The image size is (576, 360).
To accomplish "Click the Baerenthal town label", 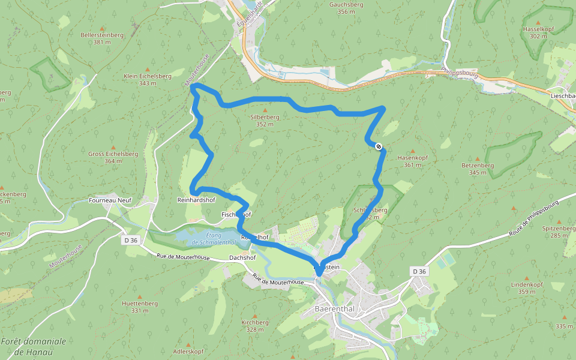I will (x=335, y=309).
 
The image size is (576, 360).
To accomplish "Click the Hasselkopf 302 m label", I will (x=538, y=32).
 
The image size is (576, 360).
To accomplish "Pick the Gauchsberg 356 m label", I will (x=346, y=8).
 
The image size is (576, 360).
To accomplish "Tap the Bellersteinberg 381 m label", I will (x=102, y=38).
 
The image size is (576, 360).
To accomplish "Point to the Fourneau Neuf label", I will (x=109, y=200).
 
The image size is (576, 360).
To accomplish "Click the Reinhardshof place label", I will (x=196, y=200).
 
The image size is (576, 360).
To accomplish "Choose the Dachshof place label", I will (x=243, y=258).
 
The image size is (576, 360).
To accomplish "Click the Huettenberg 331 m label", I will (x=140, y=307).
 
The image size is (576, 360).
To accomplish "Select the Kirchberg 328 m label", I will (x=255, y=326).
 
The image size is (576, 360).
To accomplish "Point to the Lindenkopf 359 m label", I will (x=527, y=288).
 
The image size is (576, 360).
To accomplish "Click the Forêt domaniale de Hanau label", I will (x=34, y=346).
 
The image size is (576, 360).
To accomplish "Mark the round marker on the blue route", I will (x=379, y=146).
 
